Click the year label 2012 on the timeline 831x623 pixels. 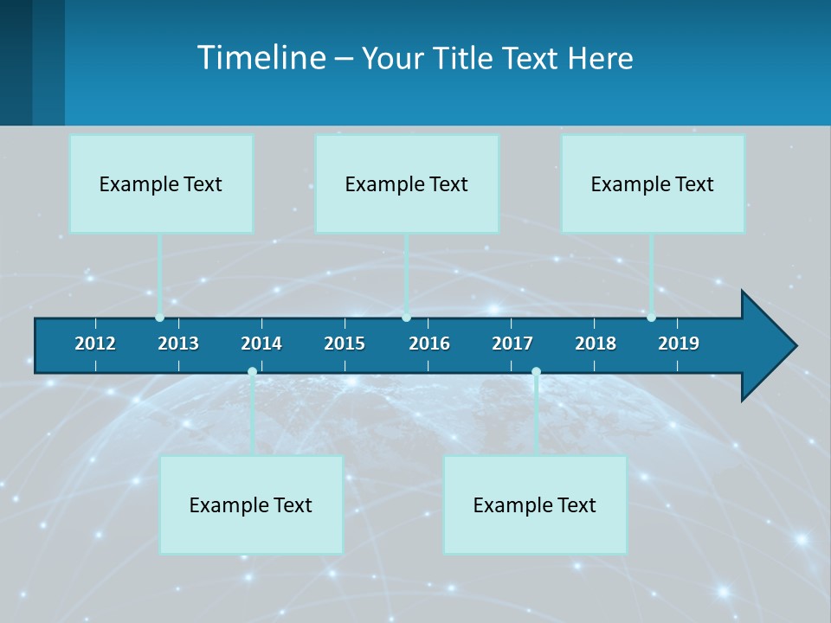coord(95,344)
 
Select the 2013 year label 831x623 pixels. coord(178,344)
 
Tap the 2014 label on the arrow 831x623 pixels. coord(261,344)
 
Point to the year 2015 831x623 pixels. coord(345,344)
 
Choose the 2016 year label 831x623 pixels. coord(429,344)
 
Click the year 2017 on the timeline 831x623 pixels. coord(512,344)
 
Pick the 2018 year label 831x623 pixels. coord(596,344)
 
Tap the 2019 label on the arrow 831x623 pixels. coord(679,344)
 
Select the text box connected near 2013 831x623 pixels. coord(161,183)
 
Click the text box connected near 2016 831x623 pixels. coord(407,183)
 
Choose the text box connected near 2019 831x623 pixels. coord(653,183)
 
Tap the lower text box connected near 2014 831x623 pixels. coord(251,504)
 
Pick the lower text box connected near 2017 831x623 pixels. coord(535,504)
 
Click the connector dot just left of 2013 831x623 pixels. coord(159,318)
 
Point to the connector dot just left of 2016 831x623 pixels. coord(406,318)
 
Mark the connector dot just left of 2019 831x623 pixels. coord(651,318)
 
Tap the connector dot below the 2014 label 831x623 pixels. coord(252,371)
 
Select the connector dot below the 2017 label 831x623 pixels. coord(536,371)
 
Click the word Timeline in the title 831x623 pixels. coord(261,57)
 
